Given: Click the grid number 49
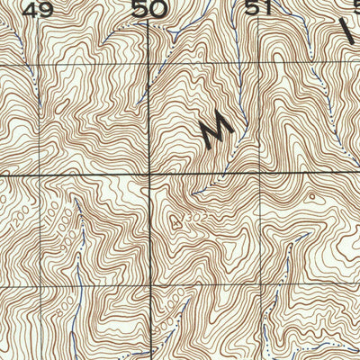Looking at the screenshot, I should tap(38, 11).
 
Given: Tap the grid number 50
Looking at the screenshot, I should tap(149, 11).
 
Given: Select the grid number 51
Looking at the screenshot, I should tap(259, 9).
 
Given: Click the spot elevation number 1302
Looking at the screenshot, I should tap(181, 218).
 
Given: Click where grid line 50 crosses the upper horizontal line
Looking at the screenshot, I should tap(148, 65).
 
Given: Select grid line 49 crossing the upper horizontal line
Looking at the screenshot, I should tap(39, 65).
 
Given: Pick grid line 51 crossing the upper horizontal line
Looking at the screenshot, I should tap(259, 65).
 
